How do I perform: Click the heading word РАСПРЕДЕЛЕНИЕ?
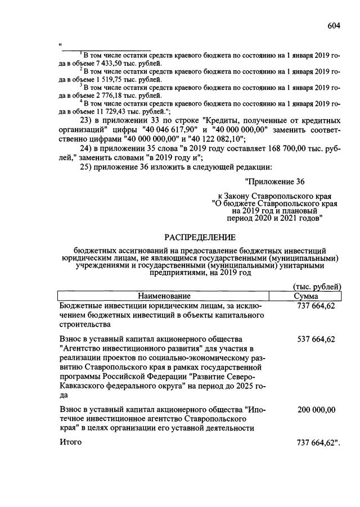click(200, 237)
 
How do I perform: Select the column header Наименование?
click(164, 296)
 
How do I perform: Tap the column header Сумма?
click(306, 296)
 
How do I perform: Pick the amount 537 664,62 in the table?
click(315, 339)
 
